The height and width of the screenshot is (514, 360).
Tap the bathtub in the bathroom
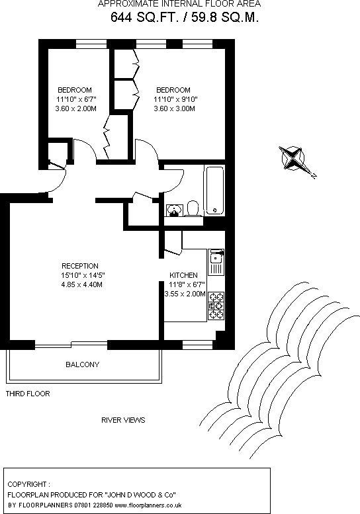215,191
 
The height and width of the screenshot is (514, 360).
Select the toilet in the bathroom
193,208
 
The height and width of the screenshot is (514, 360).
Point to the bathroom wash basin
173,210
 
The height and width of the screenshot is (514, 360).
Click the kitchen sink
216,262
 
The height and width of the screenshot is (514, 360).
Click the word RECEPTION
79,267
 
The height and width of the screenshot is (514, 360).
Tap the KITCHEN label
183,275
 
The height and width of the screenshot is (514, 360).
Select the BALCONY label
82,364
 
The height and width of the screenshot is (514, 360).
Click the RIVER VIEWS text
123,420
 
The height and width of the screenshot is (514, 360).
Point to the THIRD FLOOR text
28,394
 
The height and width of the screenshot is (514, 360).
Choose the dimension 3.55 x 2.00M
185,294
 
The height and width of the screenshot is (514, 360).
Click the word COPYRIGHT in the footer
28,484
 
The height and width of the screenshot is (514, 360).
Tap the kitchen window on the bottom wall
196,344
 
